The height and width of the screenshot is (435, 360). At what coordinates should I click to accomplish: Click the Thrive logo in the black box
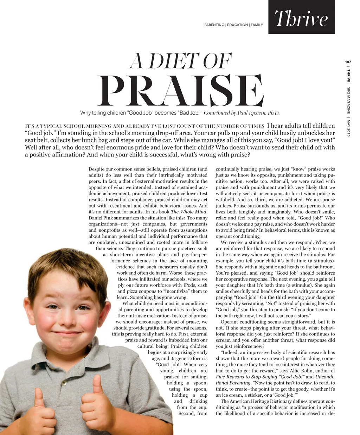tap(301, 19)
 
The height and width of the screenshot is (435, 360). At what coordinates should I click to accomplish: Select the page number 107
tap(348, 62)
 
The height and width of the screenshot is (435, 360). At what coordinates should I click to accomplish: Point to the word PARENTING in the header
tap(214, 25)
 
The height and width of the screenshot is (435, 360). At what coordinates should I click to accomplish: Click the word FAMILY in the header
tap(257, 25)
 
